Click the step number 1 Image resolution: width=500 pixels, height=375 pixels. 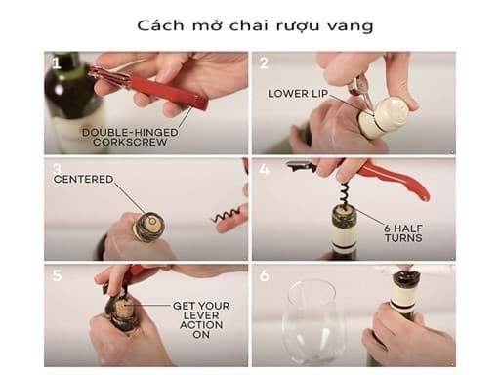pos(57,63)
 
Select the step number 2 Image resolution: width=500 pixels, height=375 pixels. pos(264,62)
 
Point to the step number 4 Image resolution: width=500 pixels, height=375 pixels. pos(264,169)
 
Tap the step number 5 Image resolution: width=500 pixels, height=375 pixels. pos(57,275)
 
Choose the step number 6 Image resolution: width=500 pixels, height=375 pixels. pos(264,275)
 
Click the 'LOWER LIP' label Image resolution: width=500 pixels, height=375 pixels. pos(298,94)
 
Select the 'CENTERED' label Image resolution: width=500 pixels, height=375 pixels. pos(83,179)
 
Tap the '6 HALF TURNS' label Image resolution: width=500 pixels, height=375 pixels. pos(403,233)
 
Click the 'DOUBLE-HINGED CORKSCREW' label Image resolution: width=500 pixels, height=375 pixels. pos(130,137)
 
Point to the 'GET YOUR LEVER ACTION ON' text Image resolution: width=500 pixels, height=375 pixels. pos(201,320)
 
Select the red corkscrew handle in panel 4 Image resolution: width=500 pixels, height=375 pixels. pos(393,179)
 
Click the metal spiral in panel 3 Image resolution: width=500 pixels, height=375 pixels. pos(227,214)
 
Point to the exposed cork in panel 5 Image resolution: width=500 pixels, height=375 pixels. pos(121,309)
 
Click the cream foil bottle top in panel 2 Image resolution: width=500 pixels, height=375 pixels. pos(384,117)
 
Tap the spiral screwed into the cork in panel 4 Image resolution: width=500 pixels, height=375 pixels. pos(344,194)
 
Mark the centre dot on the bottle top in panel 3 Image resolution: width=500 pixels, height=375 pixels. pos(152,222)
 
